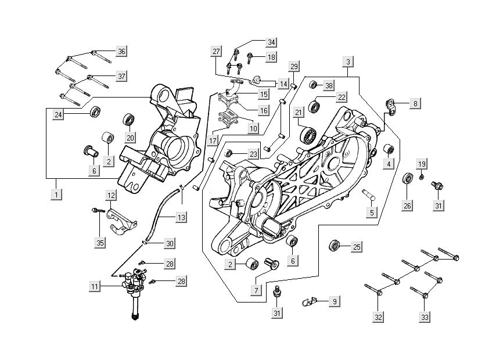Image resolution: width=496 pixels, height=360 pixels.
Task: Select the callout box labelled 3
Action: point(348,62)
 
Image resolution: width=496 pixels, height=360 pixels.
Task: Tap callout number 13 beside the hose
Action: point(182,217)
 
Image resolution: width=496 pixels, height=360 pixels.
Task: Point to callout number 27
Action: point(216,51)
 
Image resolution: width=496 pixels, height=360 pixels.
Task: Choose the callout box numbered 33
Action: point(426,317)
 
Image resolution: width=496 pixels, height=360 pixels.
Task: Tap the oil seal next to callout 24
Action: point(95,110)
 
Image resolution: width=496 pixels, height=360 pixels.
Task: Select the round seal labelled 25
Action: point(335,244)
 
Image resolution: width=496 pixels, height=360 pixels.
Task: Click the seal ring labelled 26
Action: point(408,179)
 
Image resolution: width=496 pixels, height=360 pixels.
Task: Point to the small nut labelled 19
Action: point(422,176)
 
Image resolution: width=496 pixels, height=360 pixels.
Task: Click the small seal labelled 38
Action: point(312,85)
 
